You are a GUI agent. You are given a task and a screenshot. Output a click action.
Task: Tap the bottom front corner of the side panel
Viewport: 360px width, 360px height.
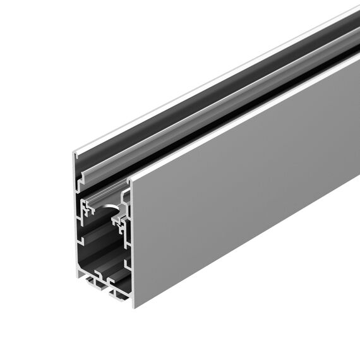tap(134, 307)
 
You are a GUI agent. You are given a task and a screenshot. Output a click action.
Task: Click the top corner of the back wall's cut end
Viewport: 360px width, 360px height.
tap(74, 152)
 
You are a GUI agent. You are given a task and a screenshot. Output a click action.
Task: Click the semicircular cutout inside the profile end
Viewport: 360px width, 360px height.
tap(112, 212)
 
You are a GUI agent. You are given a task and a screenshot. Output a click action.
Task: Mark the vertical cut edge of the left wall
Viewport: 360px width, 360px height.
tap(75, 215)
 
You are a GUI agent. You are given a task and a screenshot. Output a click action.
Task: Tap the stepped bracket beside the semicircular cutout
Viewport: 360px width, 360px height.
tap(121, 219)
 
